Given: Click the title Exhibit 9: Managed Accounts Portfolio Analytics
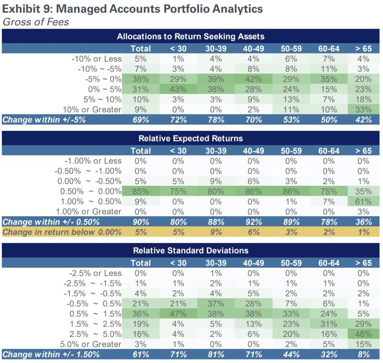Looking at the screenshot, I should point(132,8).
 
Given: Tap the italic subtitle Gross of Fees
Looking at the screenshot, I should point(36,22).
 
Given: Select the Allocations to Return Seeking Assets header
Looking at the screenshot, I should point(191,36).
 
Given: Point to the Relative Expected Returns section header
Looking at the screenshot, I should point(191,138).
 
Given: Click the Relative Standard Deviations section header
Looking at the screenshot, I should point(191,250).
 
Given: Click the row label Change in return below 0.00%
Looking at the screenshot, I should point(62,232).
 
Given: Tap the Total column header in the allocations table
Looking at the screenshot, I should point(141,48).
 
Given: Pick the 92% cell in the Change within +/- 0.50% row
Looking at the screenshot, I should point(253,222).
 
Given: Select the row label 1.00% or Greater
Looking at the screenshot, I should point(89,211).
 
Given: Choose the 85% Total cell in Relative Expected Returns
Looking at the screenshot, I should point(141,191).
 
